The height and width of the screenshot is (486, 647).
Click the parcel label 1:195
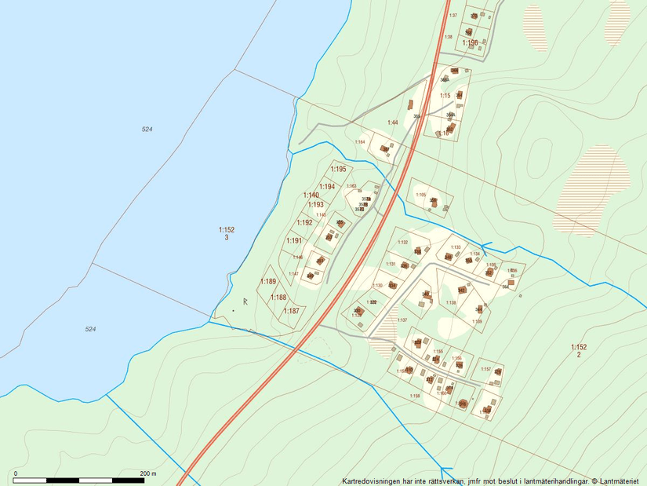338,169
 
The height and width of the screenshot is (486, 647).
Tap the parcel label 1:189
269,282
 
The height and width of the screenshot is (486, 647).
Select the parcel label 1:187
291,311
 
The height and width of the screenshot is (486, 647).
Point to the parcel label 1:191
294,241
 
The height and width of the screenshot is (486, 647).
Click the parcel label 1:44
393,122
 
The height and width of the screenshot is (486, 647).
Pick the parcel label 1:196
470,42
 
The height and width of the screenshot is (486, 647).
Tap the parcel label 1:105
420,195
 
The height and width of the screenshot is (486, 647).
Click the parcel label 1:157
485,369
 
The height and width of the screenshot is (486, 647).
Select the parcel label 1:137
402,320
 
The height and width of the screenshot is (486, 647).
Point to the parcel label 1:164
361,142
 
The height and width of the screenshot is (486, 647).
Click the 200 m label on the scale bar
148,473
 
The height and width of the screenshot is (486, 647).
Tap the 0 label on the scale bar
16,473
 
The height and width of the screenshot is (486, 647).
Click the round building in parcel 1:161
462,404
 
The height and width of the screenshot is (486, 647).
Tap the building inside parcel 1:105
432,201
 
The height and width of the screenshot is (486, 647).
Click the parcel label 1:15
445,96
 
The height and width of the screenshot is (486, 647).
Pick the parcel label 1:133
456,247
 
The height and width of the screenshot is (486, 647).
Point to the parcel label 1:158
415,396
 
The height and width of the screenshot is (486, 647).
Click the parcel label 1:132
403,243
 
